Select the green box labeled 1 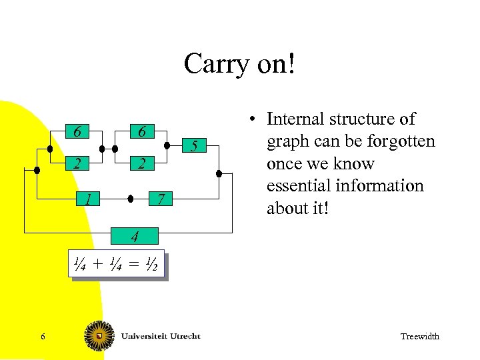pyautogui.click(x=87, y=199)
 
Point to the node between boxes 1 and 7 pyautogui.click(x=131, y=199)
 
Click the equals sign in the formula pyautogui.click(x=135, y=266)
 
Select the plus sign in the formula pyautogui.click(x=99, y=266)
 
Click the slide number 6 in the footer pyautogui.click(x=43, y=337)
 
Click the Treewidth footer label pyautogui.click(x=419, y=337)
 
